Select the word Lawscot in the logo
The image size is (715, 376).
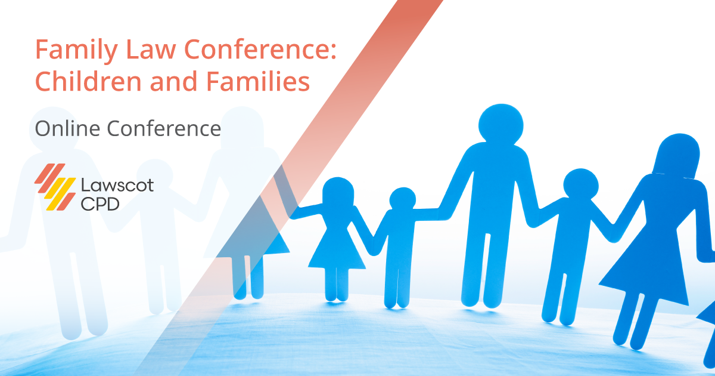click(x=117, y=186)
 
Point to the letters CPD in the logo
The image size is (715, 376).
click(x=100, y=204)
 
